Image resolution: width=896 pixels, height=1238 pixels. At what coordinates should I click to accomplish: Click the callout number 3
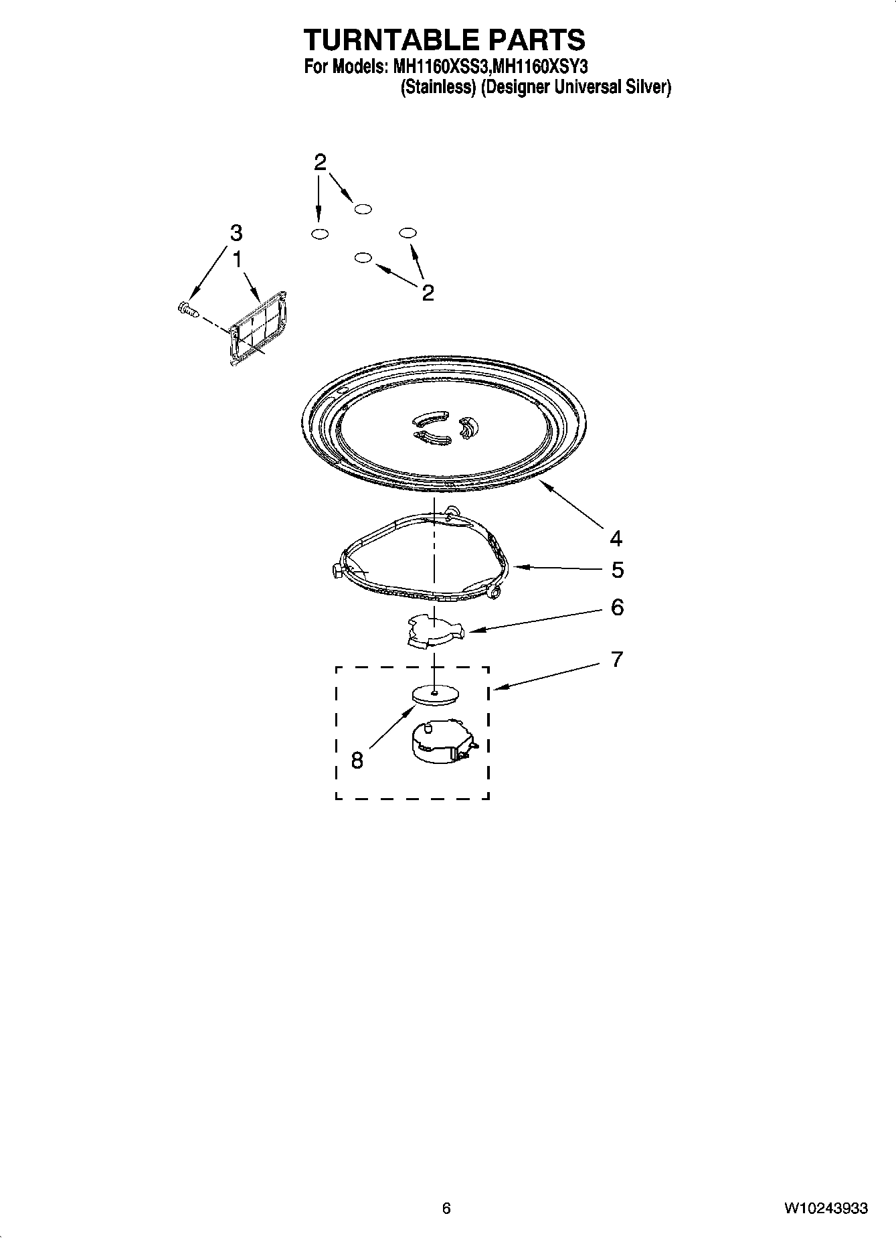[236, 233]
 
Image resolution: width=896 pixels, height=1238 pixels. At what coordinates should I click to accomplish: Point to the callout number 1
[237, 259]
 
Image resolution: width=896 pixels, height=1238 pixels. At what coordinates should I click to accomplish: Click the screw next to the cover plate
[188, 309]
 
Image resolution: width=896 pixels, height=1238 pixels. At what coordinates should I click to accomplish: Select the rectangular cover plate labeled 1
[258, 328]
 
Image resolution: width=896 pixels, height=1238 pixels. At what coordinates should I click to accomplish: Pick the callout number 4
[616, 538]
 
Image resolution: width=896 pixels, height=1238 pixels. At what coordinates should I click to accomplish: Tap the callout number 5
[617, 570]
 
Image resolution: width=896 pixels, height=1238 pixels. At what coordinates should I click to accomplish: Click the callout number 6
[617, 607]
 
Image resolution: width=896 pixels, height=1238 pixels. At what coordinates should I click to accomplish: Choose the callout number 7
[617, 660]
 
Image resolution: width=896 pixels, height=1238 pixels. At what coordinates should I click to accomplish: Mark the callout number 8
[357, 760]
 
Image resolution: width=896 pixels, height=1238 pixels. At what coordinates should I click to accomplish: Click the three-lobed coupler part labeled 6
[435, 631]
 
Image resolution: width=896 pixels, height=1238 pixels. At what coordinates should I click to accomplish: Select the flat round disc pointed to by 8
[435, 694]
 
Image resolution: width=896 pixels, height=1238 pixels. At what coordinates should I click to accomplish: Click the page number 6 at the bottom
[446, 1208]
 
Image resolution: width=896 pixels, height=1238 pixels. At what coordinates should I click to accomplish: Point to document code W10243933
[826, 1208]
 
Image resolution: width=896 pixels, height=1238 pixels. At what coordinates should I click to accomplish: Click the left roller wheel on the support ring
[337, 570]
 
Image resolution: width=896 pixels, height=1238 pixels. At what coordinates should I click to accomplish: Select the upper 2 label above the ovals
[320, 162]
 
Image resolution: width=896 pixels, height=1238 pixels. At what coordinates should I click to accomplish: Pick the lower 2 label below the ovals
[428, 293]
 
